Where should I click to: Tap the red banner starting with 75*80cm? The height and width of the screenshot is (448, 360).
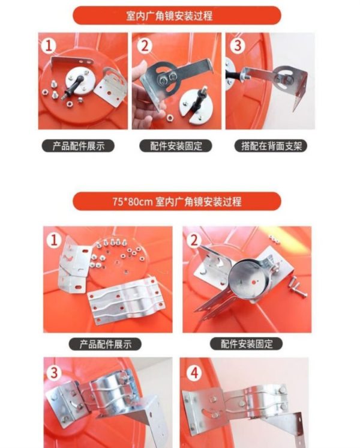[x=177, y=201]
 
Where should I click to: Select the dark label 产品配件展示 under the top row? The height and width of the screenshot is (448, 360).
[x=78, y=146]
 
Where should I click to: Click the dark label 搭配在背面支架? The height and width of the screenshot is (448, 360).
[x=271, y=146]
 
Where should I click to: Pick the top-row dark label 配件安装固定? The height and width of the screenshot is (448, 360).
[x=176, y=146]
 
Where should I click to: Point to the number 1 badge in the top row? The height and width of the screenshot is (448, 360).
[x=49, y=46]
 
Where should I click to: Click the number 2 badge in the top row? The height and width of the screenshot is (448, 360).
[x=145, y=46]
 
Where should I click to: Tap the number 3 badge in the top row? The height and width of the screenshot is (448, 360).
[x=238, y=45]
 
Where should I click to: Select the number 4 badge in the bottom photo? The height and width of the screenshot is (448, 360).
[x=194, y=372]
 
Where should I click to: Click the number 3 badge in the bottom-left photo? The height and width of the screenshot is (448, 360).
[x=54, y=372]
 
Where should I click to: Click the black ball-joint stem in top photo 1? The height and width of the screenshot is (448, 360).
[x=74, y=86]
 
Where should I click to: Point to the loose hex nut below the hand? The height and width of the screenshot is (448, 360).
[x=170, y=117]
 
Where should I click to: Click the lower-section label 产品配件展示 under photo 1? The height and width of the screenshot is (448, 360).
[x=105, y=344]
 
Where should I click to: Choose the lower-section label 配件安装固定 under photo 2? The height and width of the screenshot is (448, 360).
[x=247, y=344]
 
